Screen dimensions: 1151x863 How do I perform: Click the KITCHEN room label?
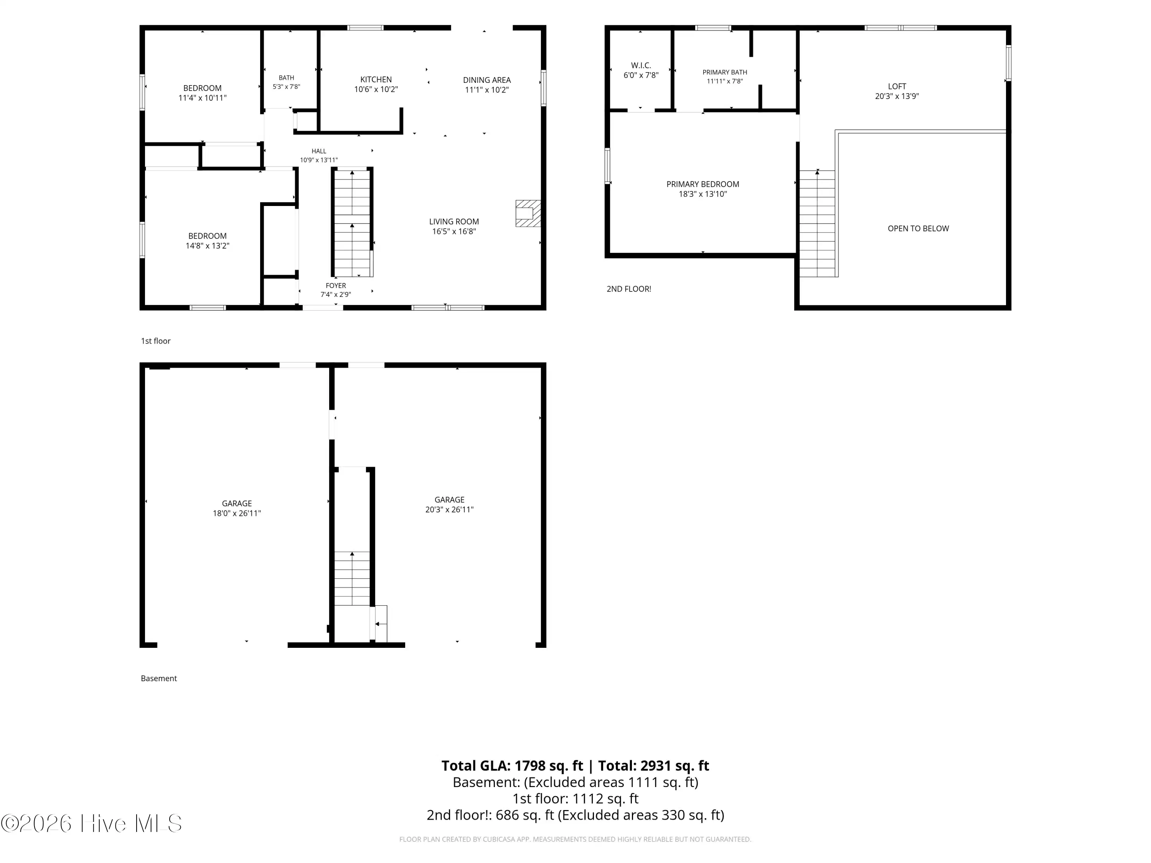pyautogui.click(x=376, y=80)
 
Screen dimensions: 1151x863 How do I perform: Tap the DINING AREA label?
pyautogui.click(x=486, y=80)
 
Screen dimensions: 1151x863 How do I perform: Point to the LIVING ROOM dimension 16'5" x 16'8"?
pyautogui.click(x=454, y=232)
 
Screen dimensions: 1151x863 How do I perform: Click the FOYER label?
pyautogui.click(x=336, y=286)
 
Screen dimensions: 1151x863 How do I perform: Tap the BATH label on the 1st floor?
pyautogui.click(x=286, y=78)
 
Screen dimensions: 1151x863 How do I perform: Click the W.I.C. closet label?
pyautogui.click(x=641, y=66)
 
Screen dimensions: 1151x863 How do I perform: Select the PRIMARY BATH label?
pyautogui.click(x=724, y=72)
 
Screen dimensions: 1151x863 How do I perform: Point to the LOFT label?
pyautogui.click(x=897, y=86)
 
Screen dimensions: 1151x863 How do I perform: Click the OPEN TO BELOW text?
pyautogui.click(x=918, y=228)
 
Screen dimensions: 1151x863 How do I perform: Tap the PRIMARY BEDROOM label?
pyautogui.click(x=702, y=184)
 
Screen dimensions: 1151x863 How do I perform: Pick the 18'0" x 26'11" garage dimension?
pyautogui.click(x=237, y=514)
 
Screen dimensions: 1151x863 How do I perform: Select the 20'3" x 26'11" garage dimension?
pyautogui.click(x=449, y=510)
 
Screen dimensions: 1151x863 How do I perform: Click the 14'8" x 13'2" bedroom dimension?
pyautogui.click(x=207, y=245)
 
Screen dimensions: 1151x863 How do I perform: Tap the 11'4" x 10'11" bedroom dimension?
pyautogui.click(x=203, y=98)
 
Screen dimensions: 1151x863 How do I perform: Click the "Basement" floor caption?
pyautogui.click(x=159, y=679)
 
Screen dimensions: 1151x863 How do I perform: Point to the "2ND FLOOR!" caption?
pyautogui.click(x=628, y=289)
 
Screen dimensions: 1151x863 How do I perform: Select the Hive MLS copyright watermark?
pyautogui.click(x=92, y=823)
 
